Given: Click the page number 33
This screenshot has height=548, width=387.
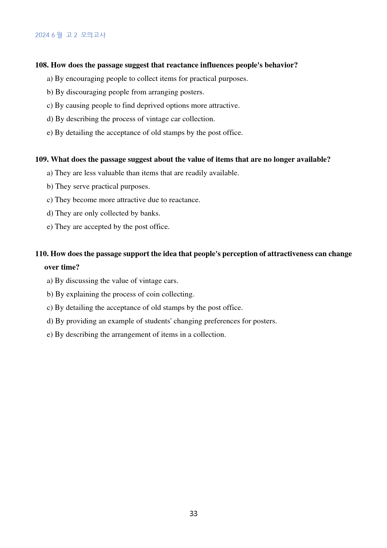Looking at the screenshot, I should [x=193, y=514].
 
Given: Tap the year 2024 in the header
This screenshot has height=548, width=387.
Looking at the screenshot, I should [x=42, y=35].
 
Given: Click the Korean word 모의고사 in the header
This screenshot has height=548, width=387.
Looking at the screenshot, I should [x=93, y=35].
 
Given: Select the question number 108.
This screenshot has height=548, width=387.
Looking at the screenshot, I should [x=42, y=65].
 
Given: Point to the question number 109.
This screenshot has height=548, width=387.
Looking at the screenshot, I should [x=42, y=159].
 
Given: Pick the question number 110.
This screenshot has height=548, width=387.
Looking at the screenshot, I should [x=42, y=254].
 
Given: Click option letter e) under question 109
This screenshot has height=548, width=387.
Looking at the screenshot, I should [x=50, y=227].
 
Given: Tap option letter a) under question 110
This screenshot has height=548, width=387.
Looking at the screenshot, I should [x=50, y=281].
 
